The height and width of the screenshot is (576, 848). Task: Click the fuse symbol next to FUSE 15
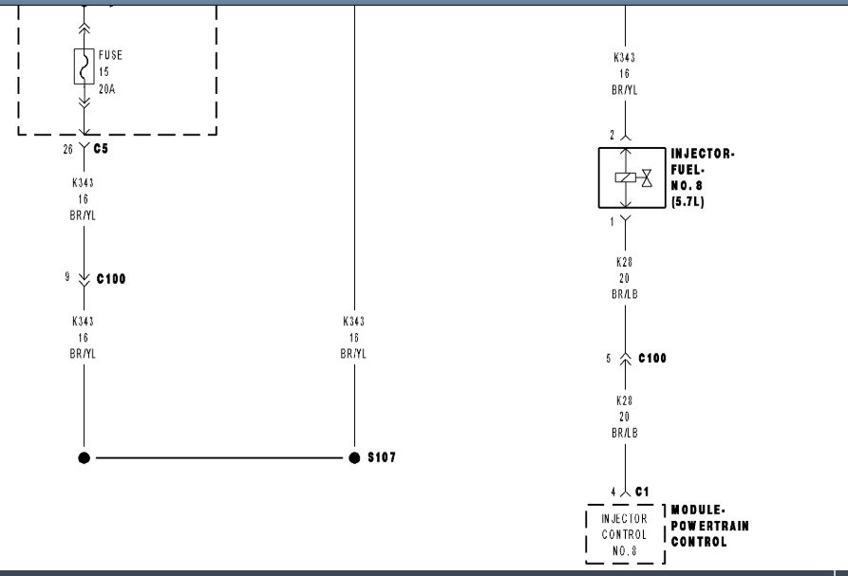click(x=84, y=67)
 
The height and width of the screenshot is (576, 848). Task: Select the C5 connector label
click(x=102, y=149)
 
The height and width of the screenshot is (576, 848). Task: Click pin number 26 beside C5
click(x=68, y=149)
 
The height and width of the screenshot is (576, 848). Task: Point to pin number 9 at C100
click(x=67, y=278)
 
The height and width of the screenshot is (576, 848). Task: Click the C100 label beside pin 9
click(x=111, y=279)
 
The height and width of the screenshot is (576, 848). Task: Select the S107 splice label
click(x=382, y=457)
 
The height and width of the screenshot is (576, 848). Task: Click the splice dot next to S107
click(x=354, y=457)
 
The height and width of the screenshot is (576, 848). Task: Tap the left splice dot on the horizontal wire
click(x=85, y=457)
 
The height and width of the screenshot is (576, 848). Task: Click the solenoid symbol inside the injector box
click(x=625, y=177)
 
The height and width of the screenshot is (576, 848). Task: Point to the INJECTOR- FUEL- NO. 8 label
click(x=702, y=170)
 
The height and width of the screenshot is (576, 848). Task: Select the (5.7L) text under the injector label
click(x=688, y=202)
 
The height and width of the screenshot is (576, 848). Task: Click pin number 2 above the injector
click(x=612, y=135)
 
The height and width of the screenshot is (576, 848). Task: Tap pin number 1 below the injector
click(x=612, y=220)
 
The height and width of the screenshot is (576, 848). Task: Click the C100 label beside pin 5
click(x=652, y=358)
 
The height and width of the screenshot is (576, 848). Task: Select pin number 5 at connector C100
click(x=609, y=358)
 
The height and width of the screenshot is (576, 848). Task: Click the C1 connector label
click(x=642, y=492)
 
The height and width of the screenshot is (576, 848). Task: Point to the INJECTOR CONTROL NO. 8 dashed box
click(x=625, y=534)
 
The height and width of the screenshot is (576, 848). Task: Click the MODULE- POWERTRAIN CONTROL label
click(x=709, y=526)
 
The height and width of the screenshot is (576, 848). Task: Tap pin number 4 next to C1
click(x=613, y=492)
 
